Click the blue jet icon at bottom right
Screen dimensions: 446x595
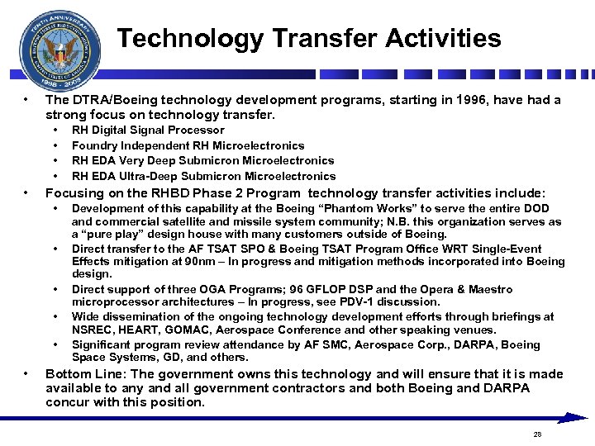pyautogui.click(x=571, y=418)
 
